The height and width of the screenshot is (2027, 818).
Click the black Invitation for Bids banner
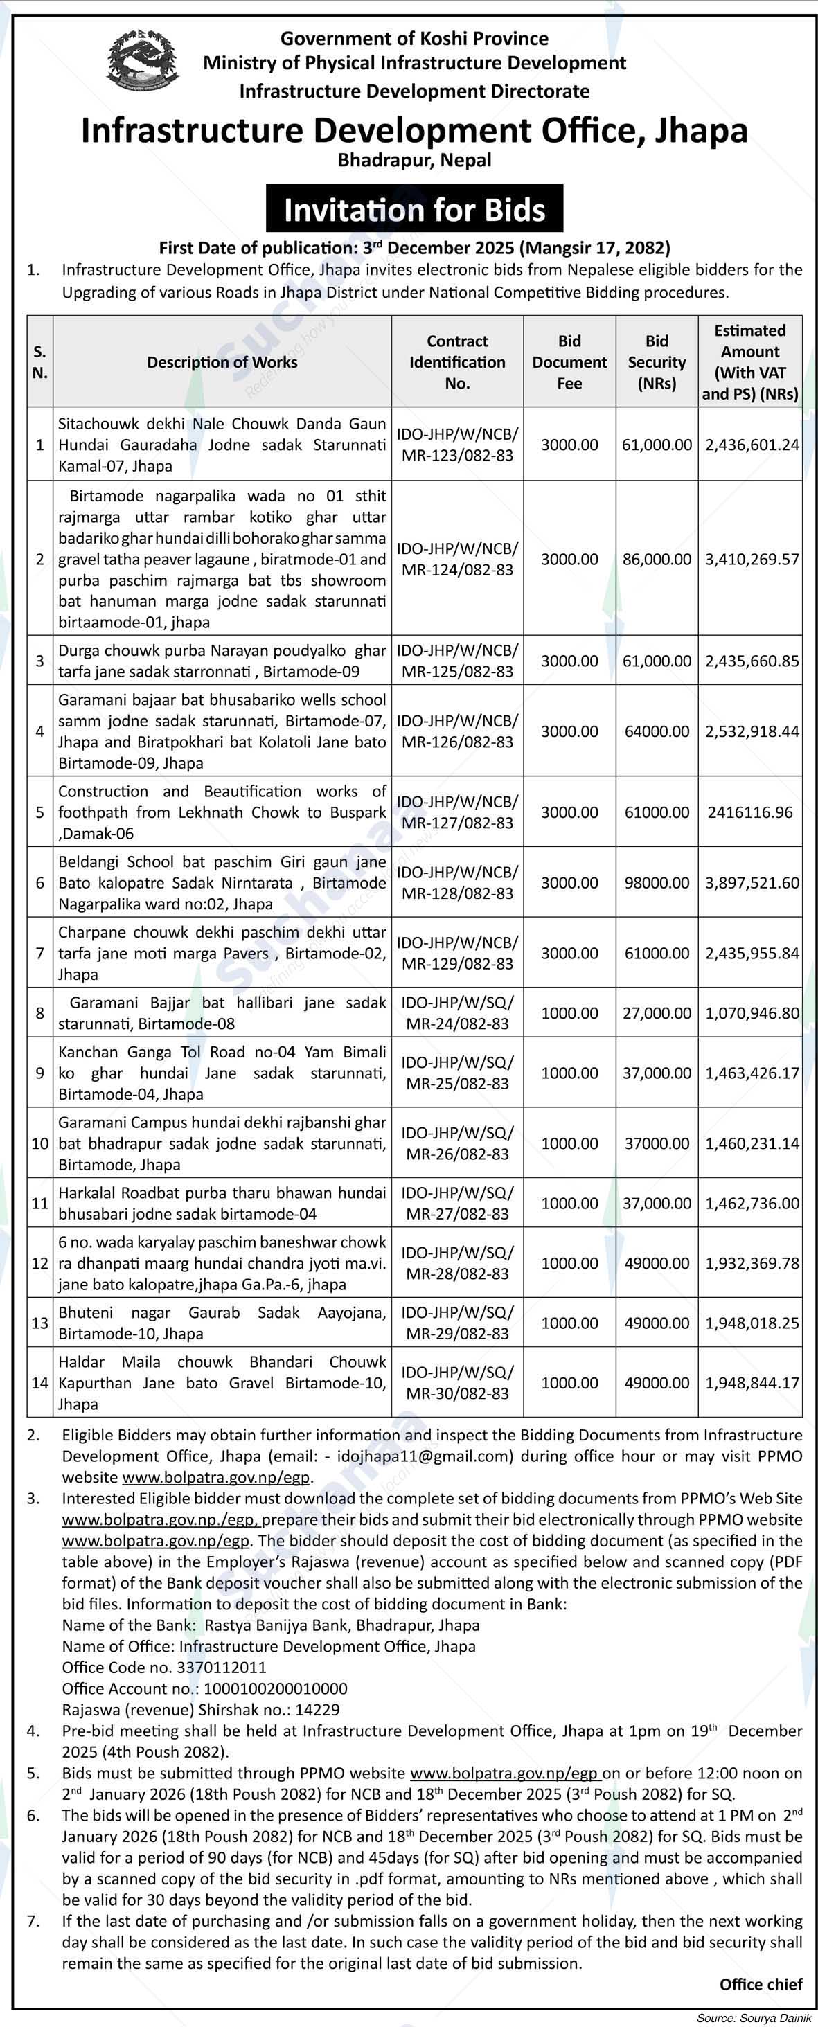tap(414, 210)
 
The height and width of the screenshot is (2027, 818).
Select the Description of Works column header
tap(222, 362)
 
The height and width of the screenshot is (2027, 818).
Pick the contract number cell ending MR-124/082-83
tap(457, 559)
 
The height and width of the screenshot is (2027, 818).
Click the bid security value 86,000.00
tap(657, 560)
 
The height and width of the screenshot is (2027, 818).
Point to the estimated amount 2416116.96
tap(750, 812)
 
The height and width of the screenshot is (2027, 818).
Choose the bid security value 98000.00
tap(657, 883)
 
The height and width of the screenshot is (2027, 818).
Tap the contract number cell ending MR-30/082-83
tap(457, 1382)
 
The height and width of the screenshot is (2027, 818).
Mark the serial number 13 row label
tap(40, 1323)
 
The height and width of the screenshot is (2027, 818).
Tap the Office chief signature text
tap(761, 1985)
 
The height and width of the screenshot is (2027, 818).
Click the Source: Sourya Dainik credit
tap(755, 2017)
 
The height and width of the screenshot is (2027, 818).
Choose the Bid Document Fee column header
tap(569, 362)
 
